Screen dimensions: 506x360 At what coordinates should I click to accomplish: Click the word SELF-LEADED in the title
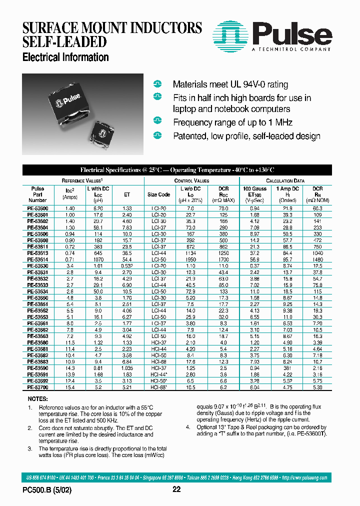pyautogui.click(x=65, y=41)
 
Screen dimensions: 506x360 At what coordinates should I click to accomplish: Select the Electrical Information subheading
pyautogui.click(x=65, y=57)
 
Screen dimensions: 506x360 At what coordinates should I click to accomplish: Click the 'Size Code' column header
pyautogui.click(x=158, y=194)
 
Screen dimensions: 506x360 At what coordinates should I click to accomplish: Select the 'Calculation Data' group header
pyautogui.click(x=292, y=180)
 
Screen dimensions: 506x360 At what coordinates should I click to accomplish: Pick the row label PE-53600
pyautogui.click(x=38, y=208)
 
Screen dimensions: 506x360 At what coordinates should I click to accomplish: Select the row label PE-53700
pyautogui.click(x=38, y=387)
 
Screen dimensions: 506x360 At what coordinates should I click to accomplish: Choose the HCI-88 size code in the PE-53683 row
pyautogui.click(x=158, y=361)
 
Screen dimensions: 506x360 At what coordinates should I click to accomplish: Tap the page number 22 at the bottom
pyautogui.click(x=176, y=489)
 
